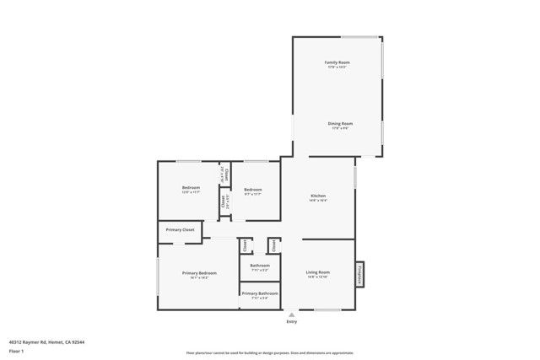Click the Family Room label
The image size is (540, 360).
coord(337,63)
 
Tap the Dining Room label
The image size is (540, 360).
coord(340,123)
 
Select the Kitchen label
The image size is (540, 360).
coord(318,196)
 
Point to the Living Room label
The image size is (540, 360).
coord(317,271)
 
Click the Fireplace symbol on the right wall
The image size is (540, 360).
coord(359,274)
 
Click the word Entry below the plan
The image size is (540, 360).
coord(292,321)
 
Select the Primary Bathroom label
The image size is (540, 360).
coord(259,293)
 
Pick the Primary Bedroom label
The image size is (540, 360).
coord(199,272)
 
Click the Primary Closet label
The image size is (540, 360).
coord(180,229)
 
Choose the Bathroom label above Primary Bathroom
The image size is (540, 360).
coord(259,266)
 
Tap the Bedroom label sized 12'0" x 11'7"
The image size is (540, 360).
coord(191,187)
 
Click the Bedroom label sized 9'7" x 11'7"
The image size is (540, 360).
coord(253,190)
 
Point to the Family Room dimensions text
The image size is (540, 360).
coord(337,67)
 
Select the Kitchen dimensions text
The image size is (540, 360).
coord(318,201)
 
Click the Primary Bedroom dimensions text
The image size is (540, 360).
coord(199,277)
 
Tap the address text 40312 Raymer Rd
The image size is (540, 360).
coord(46,341)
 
